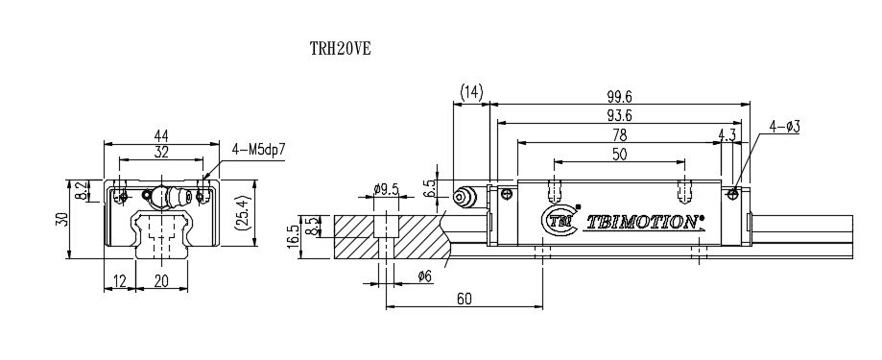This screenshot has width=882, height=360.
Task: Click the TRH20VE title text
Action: click(341, 49)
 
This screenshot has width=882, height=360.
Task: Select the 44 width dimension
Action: click(161, 135)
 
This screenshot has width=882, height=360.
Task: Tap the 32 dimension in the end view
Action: click(161, 152)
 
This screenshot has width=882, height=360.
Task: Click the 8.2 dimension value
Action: click(81, 192)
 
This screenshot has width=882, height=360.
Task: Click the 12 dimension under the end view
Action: click(120, 281)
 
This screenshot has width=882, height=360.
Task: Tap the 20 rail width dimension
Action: click(161, 281)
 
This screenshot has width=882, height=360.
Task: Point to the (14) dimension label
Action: click(471, 92)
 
